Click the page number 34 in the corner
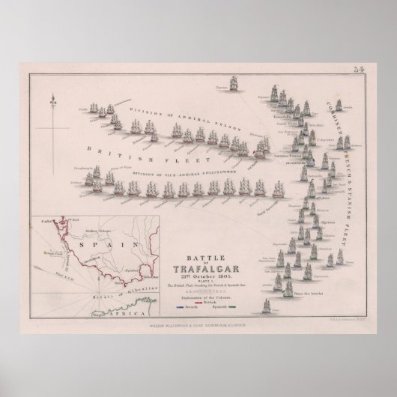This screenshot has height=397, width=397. pos(357,71)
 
